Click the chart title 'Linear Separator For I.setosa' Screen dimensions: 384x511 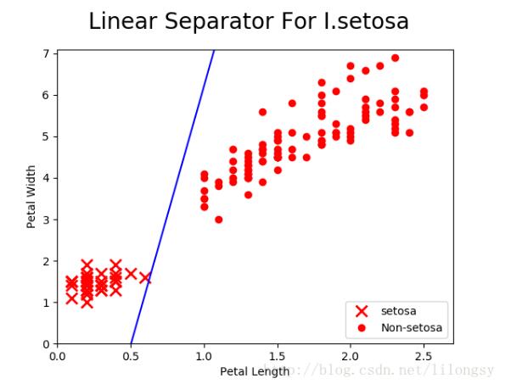(x=248, y=22)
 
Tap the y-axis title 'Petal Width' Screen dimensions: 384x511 (x=31, y=197)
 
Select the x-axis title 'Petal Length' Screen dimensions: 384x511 (x=255, y=371)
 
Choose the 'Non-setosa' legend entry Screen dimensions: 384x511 (x=411, y=327)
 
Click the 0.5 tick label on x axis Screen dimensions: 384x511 (x=130, y=357)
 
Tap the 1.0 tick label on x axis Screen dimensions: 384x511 (x=203, y=357)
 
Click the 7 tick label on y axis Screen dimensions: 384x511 (x=48, y=53)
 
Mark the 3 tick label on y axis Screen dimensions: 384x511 (x=48, y=220)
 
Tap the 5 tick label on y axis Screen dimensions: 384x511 (x=48, y=136)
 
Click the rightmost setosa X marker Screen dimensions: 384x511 (x=145, y=277)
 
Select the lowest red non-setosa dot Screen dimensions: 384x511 (x=218, y=220)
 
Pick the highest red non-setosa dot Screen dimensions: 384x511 (x=395, y=58)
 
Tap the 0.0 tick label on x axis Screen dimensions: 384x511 (x=57, y=357)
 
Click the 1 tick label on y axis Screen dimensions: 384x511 (x=48, y=303)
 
